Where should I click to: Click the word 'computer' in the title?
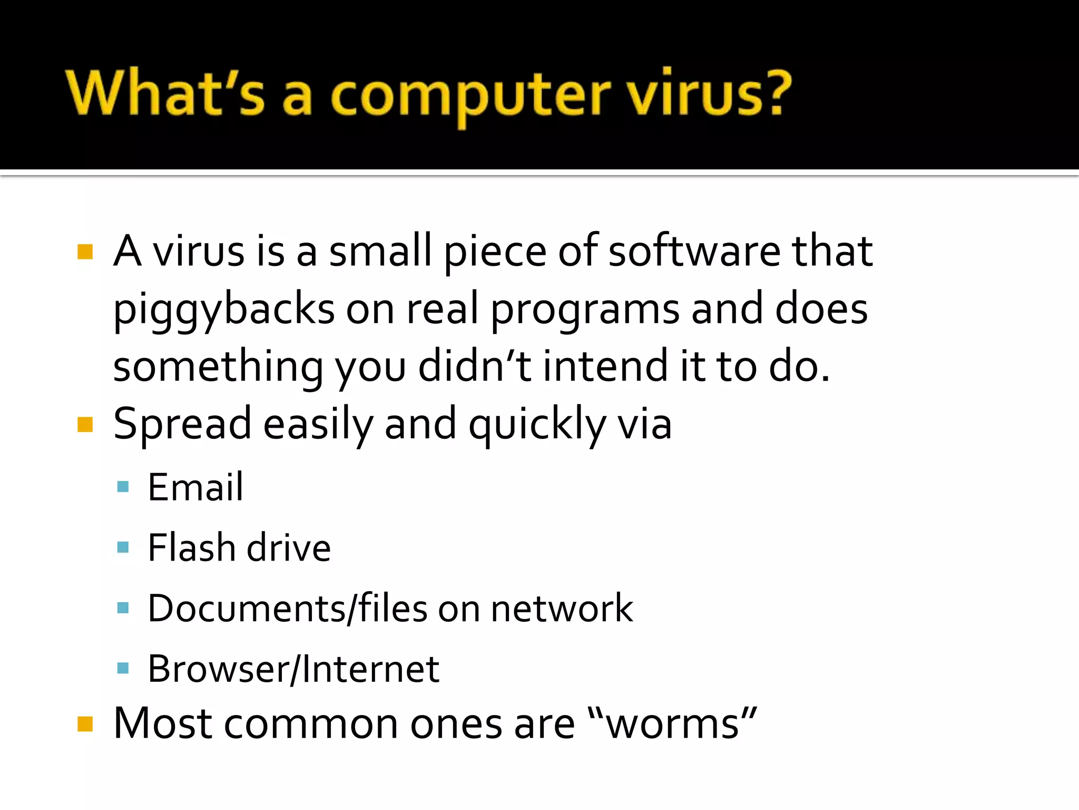coord(470,95)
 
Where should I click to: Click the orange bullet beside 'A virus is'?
coord(85,252)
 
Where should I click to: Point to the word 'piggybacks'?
coord(224,310)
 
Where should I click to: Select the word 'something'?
coord(218,368)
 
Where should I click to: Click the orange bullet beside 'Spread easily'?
coord(85,424)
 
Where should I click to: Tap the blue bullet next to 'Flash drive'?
coord(123,547)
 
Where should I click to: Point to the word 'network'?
coord(562,609)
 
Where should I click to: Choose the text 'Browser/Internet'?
coord(293,669)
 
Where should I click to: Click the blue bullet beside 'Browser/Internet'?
coord(123,669)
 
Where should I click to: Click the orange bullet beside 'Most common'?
coord(85,724)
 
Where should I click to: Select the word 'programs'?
coord(585,310)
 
